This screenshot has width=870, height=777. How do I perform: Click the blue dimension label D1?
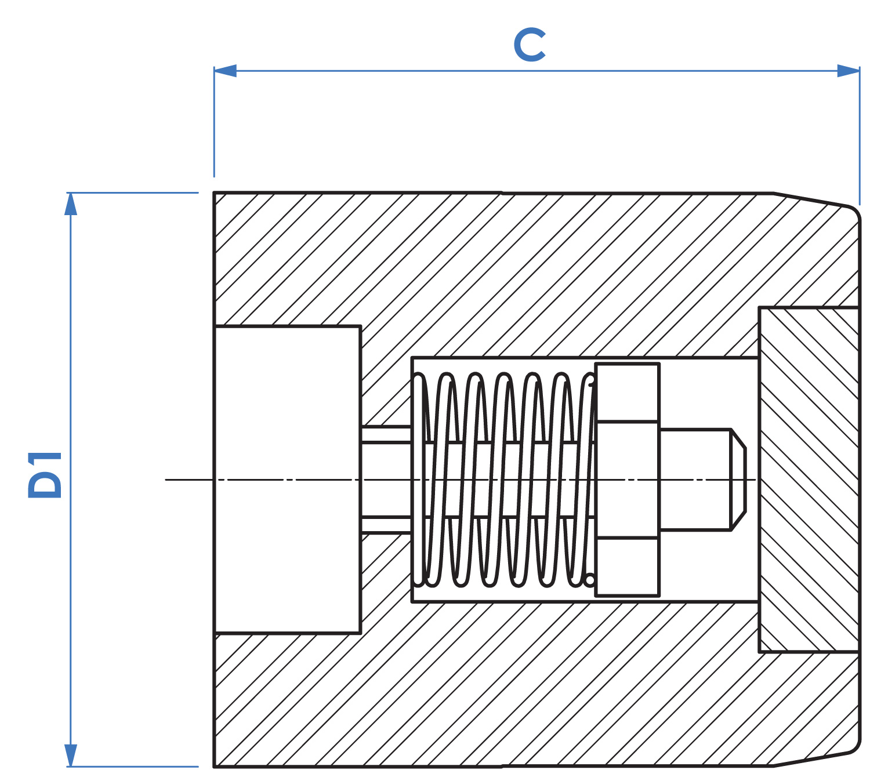[x=45, y=475]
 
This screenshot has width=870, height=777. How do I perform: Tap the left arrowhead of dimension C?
[x=225, y=71]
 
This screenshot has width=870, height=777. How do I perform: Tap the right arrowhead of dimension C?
[x=848, y=71]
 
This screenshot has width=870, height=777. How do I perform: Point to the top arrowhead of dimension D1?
[x=70, y=204]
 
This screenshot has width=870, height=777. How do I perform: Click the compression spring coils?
[x=504, y=480]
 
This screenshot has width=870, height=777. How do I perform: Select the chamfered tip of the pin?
[x=738, y=480]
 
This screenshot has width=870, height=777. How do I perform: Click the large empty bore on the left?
[x=287, y=480]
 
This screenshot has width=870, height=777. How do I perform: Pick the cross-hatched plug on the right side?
[x=809, y=480]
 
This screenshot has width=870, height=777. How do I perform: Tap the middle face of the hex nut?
[x=628, y=480]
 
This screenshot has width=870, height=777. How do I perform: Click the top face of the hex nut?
[x=628, y=393]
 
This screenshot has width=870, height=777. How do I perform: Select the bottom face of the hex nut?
[x=628, y=567]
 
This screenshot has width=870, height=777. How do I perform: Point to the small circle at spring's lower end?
[x=590, y=580]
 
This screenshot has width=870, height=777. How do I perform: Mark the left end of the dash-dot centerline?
[x=166, y=480]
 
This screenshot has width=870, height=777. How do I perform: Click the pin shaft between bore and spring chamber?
[x=386, y=480]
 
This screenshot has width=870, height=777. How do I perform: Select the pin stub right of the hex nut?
[x=695, y=480]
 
